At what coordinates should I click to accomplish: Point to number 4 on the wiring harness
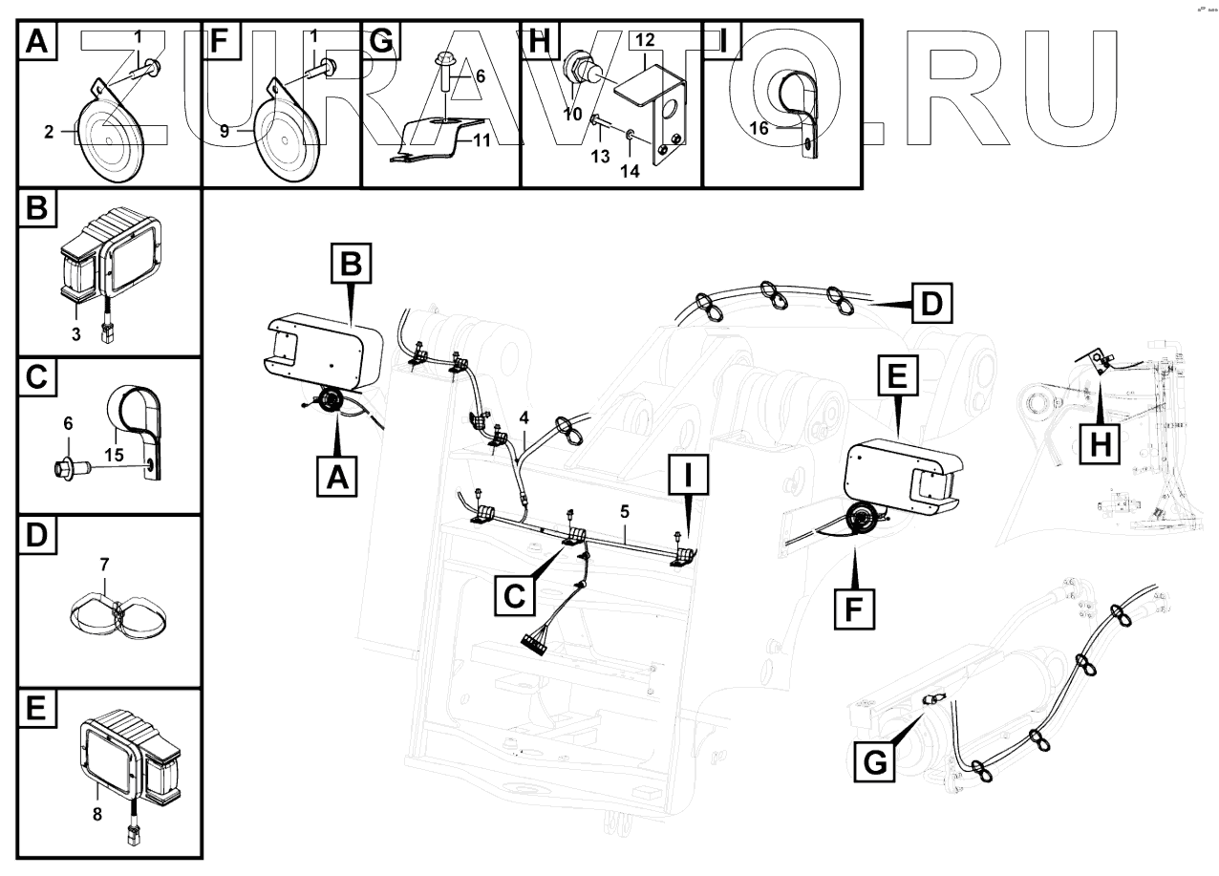(x=523, y=417)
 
